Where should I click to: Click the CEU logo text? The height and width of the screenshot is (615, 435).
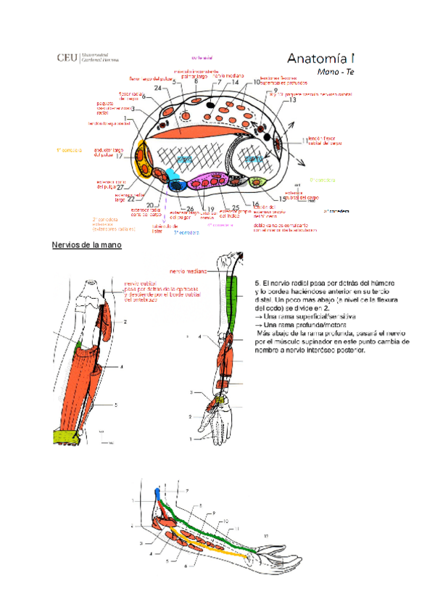pos(69,58)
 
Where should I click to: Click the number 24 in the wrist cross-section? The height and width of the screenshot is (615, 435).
pos(157,88)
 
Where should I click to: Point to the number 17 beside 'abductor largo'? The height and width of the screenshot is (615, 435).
pos(118,156)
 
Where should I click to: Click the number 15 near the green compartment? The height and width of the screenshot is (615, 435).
pos(282,198)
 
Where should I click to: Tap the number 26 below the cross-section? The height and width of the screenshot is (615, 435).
pos(190,209)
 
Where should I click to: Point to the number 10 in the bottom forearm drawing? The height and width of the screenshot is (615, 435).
pos(225,521)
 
